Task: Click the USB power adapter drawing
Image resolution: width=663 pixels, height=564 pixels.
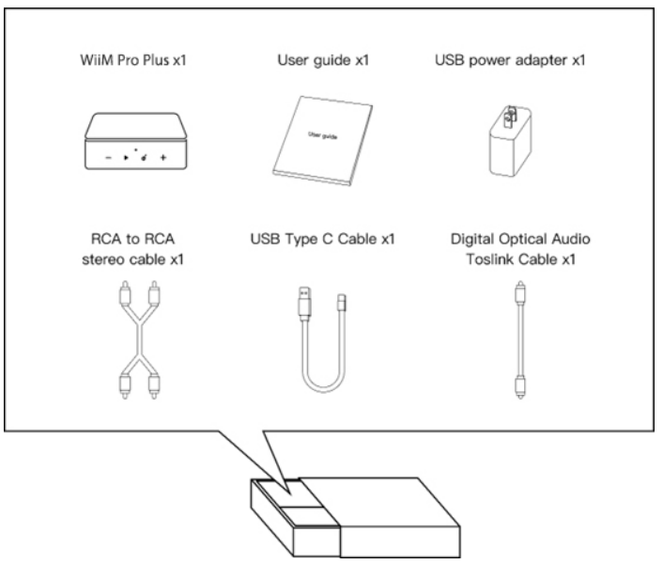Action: click(x=508, y=141)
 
